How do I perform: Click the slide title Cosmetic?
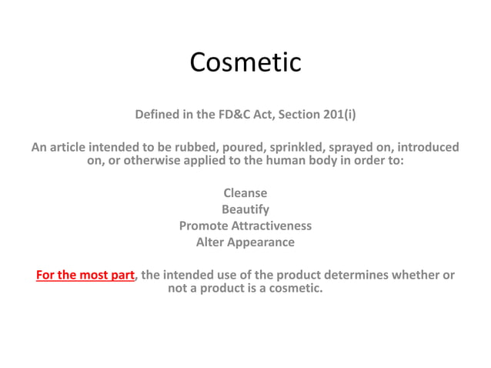click(x=245, y=62)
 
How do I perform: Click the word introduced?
click(x=433, y=147)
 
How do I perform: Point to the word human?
click(x=280, y=162)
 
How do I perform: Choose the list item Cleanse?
click(x=245, y=193)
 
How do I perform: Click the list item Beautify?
click(x=245, y=209)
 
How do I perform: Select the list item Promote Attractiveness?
click(x=245, y=226)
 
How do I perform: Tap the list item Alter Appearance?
click(x=245, y=243)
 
